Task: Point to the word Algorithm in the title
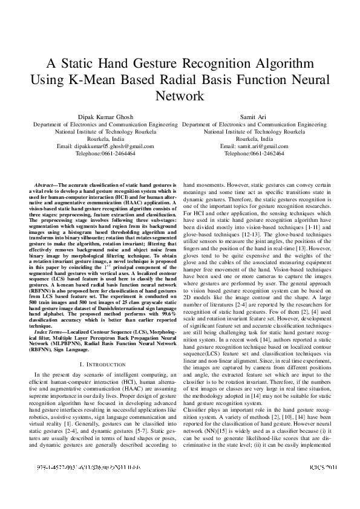(278, 64)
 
